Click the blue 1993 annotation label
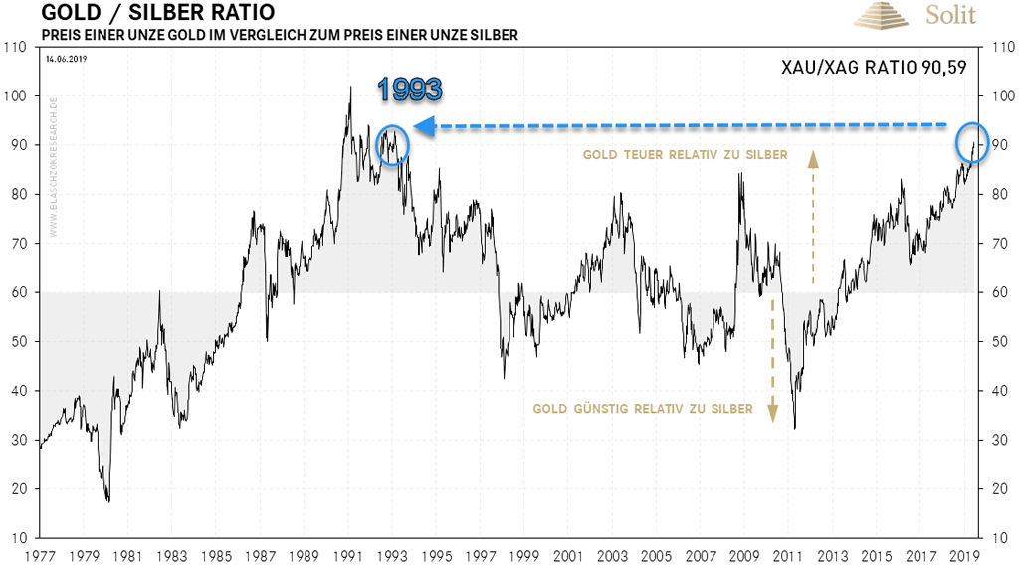409,91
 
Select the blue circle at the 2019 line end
973,142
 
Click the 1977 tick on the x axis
40,555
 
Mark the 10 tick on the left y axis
19,538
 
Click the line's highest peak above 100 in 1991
349,88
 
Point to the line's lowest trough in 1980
108,501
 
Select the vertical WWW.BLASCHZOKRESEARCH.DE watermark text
52,169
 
